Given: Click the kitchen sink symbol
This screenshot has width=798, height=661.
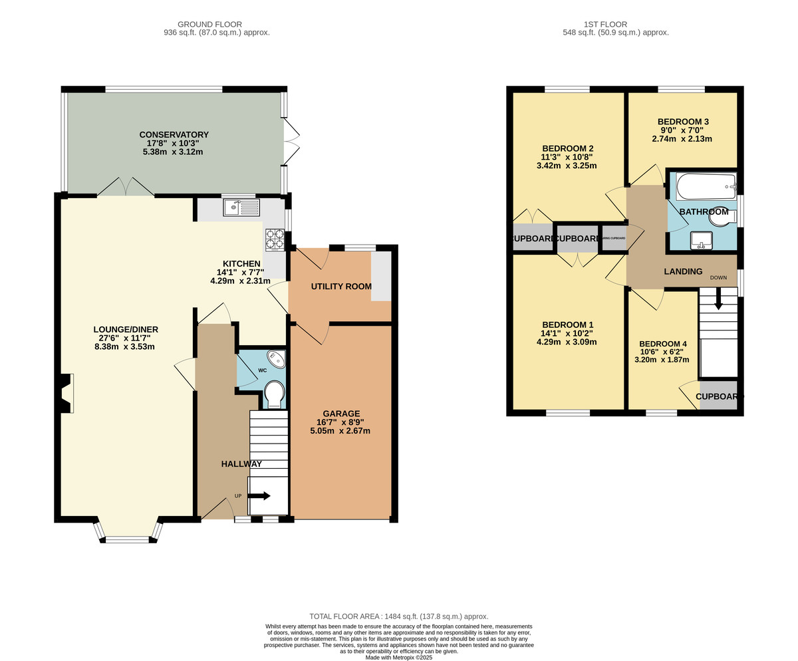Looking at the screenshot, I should [x=241, y=208].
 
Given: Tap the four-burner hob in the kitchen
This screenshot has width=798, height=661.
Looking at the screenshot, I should [x=275, y=239].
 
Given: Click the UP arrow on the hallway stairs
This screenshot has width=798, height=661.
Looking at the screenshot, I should [x=260, y=495].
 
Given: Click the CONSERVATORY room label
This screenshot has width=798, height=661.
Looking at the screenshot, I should [x=174, y=134].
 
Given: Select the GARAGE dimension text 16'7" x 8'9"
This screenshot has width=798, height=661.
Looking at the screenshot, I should [x=340, y=422].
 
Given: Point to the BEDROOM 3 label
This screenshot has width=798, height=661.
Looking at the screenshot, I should [x=683, y=122].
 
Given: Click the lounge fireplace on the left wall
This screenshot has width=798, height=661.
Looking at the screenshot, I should [x=65, y=393].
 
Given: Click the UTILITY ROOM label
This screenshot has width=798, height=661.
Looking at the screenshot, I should [x=341, y=287].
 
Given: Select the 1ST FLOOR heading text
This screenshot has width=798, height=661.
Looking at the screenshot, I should [x=616, y=25].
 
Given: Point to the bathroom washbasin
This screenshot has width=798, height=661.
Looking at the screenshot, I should [x=701, y=239].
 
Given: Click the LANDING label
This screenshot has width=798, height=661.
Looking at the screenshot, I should [x=683, y=271].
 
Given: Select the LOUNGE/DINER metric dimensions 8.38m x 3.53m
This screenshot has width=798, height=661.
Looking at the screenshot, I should [x=125, y=346].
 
